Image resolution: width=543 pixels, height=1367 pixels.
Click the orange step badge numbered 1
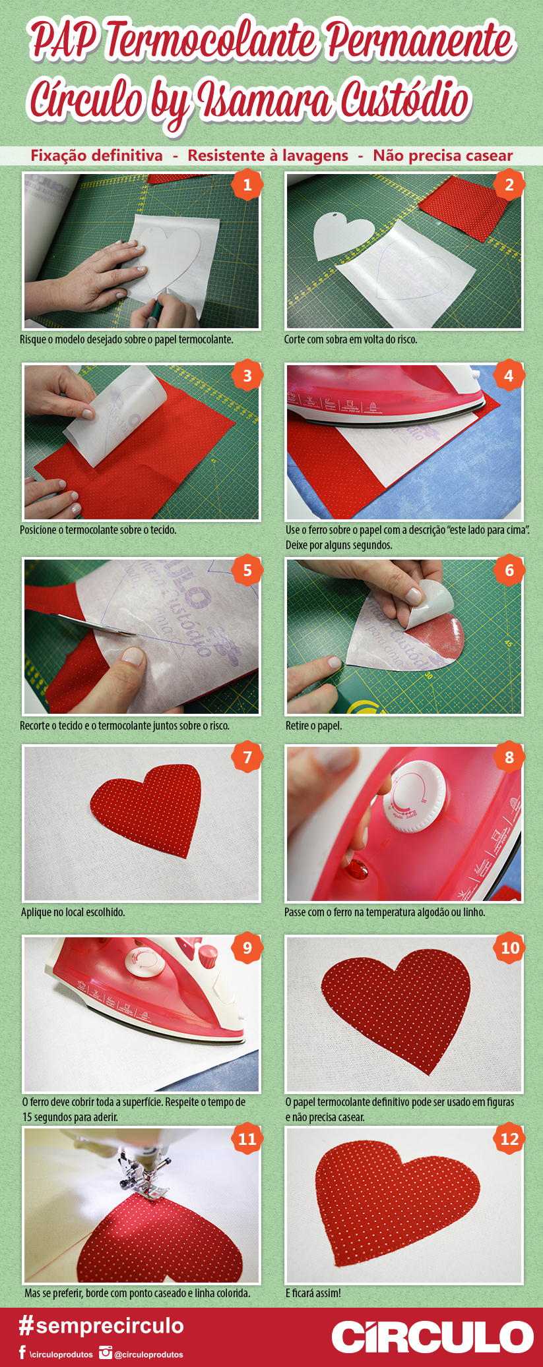[247, 185]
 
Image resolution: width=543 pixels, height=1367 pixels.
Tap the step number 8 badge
[509, 757]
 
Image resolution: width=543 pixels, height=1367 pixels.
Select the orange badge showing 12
[509, 1139]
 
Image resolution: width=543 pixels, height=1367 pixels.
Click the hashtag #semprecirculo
[101, 1325]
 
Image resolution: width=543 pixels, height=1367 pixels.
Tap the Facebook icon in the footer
[22, 1353]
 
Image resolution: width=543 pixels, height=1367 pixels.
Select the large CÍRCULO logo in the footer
[432, 1336]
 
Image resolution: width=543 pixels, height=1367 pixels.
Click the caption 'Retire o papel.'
[313, 726]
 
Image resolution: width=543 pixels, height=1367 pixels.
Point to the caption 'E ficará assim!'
[313, 1293]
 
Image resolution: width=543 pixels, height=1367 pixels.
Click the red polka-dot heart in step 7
[146, 809]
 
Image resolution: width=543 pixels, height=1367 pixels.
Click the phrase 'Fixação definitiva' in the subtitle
[96, 156]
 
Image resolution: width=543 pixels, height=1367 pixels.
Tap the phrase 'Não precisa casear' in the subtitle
[443, 156]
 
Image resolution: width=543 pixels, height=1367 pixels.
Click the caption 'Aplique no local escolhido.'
[73, 912]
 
